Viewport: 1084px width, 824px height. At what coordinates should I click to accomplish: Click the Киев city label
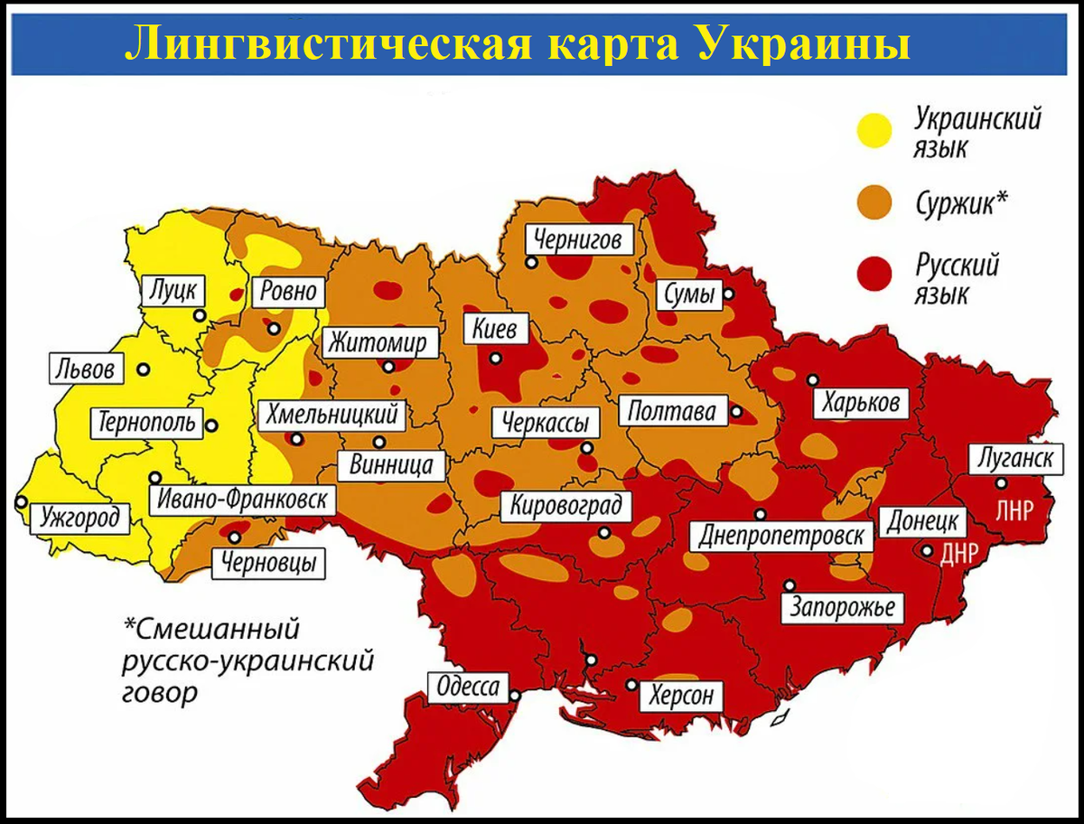[494, 329]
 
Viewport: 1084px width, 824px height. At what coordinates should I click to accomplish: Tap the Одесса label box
[467, 688]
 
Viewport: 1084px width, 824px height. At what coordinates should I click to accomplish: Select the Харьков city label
[861, 402]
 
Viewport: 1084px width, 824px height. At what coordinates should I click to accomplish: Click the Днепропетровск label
[783, 536]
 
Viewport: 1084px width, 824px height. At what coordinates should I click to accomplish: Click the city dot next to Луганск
[1001, 482]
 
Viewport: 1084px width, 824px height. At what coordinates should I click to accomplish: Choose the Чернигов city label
[577, 240]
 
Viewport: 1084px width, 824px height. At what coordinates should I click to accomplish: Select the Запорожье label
[842, 606]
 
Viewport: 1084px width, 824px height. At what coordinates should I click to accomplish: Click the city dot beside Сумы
[729, 294]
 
